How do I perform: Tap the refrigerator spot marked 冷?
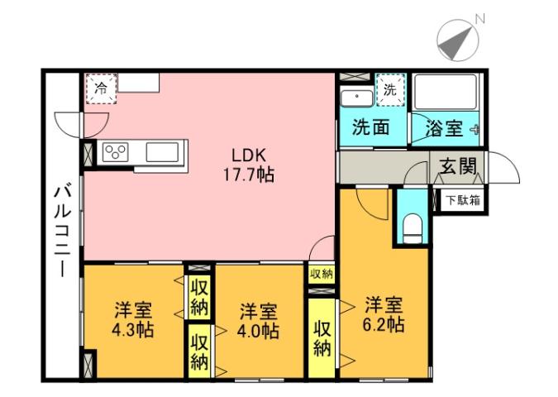[101, 88]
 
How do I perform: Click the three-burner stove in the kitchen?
[116, 152]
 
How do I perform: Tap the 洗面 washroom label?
[370, 128]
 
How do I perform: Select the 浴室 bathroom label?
[443, 129]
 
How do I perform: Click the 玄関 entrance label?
[457, 167]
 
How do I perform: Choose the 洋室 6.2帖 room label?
[384, 313]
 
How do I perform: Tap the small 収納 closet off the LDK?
[321, 274]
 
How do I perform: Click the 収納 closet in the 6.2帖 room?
[321, 337]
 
